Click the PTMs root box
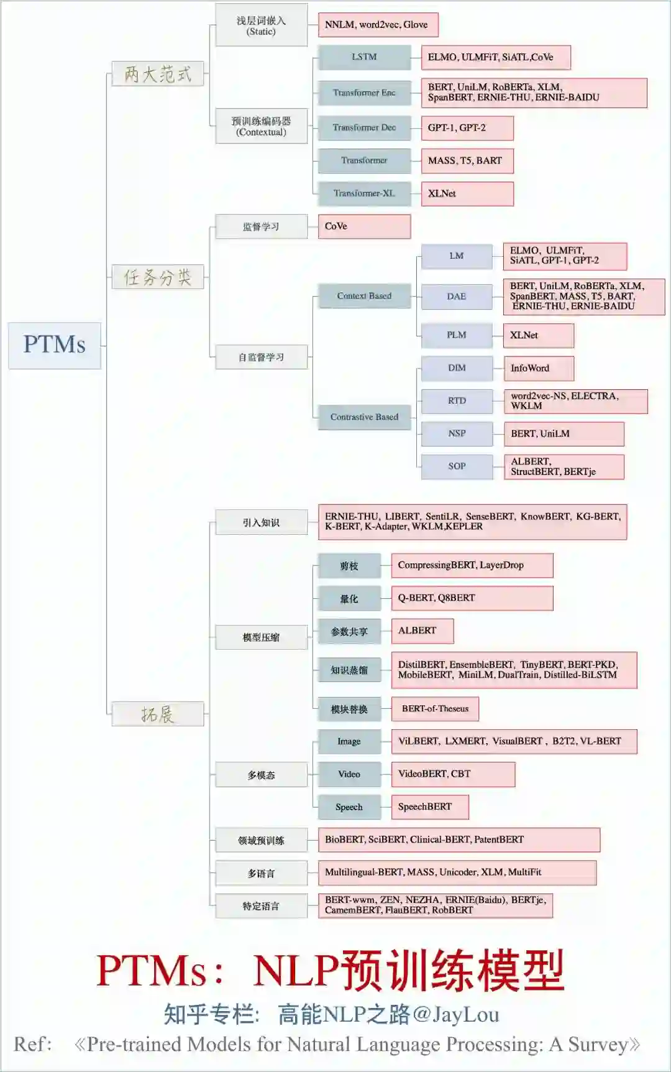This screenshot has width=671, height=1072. (55, 345)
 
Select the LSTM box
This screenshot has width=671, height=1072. (364, 57)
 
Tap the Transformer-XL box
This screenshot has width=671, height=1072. (364, 193)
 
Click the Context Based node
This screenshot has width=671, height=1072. (364, 296)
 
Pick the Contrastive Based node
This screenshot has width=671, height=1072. (364, 417)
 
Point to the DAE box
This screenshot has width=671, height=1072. (457, 297)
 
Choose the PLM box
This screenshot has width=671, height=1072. (457, 335)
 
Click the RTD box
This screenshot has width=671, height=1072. (457, 401)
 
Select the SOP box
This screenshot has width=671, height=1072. (457, 466)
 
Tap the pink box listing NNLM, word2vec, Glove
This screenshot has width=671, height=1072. (378, 25)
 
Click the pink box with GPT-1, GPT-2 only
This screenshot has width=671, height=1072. (467, 128)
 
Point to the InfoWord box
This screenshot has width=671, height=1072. (538, 368)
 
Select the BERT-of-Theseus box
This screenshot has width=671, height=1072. (435, 709)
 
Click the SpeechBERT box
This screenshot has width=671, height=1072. (429, 807)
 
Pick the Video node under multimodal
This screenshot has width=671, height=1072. (349, 774)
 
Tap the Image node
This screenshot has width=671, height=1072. (349, 742)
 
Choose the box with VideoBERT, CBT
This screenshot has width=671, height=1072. (452, 774)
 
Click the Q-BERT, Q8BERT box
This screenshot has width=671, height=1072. (472, 598)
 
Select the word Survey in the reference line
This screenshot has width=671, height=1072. (598, 1045)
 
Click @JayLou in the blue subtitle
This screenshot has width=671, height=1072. (455, 1015)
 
